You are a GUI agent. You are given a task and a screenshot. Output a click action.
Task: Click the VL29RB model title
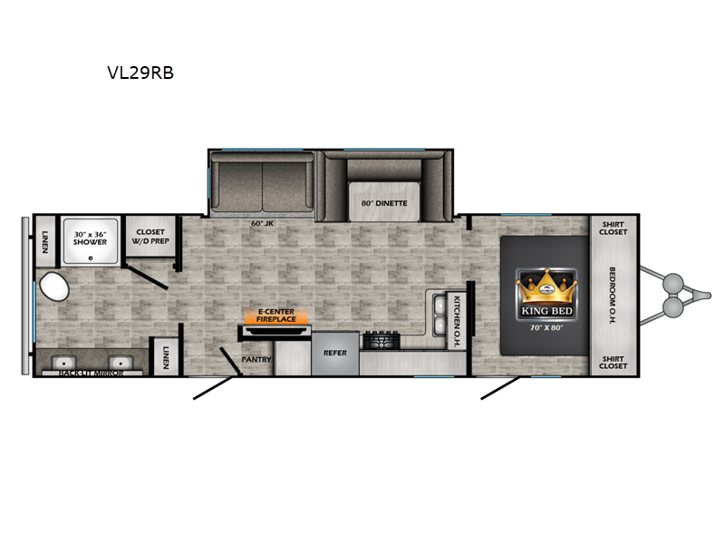click(x=140, y=73)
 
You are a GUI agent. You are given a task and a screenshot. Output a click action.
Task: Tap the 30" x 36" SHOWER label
click(x=90, y=238)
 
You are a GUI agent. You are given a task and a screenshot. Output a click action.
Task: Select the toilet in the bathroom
click(x=54, y=287)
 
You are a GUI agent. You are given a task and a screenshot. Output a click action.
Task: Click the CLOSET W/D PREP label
click(x=150, y=237)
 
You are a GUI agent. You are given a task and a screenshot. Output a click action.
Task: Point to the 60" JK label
click(x=262, y=223)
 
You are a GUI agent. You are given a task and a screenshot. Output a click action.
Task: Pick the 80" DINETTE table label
click(x=384, y=203)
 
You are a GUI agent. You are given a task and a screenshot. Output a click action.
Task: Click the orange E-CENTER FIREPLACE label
click(x=276, y=316)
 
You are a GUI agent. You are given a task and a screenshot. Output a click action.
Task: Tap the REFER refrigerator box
click(x=335, y=354)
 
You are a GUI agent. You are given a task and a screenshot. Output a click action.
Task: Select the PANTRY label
click(x=256, y=359)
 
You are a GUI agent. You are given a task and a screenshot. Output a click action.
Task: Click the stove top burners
click(x=381, y=341)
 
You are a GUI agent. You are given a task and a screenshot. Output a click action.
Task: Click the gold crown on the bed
click(x=546, y=287)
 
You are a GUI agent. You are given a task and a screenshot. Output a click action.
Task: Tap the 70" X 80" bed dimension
click(x=546, y=328)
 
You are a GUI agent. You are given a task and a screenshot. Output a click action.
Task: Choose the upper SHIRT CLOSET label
click(x=614, y=228)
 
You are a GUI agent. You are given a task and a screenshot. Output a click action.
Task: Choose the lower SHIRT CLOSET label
click(x=614, y=362)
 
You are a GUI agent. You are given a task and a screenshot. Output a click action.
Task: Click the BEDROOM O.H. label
click(x=613, y=296)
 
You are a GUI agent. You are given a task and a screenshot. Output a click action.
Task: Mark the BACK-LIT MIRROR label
click(x=92, y=373)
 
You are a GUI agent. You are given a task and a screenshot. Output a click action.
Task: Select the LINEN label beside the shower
click(x=44, y=242)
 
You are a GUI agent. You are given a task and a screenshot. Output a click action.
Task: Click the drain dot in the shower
click(x=91, y=258)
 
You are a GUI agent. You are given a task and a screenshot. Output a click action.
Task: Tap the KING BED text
click(x=547, y=311)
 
